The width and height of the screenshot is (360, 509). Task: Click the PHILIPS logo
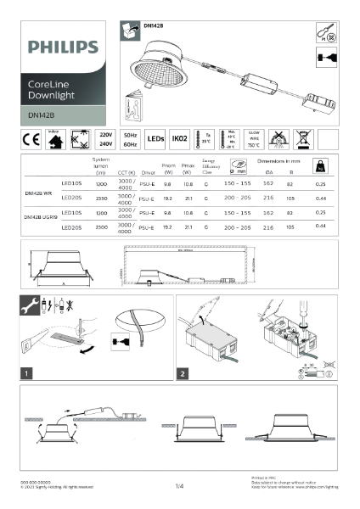[x=57, y=47]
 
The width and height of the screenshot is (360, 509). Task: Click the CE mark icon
[x=28, y=139]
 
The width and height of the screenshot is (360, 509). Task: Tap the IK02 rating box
[x=180, y=139]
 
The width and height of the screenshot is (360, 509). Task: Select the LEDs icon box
[x=155, y=139]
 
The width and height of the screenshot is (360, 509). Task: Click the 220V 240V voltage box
[x=105, y=139]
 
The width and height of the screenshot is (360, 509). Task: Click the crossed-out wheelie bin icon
[x=303, y=139]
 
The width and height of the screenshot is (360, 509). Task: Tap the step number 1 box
[x=28, y=372]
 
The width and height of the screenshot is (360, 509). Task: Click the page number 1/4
[x=179, y=486]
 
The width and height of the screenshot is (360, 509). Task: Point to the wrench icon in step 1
[x=28, y=304]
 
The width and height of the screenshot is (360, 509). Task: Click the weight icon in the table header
[x=321, y=167]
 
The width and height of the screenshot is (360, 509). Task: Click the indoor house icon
[x=53, y=139]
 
